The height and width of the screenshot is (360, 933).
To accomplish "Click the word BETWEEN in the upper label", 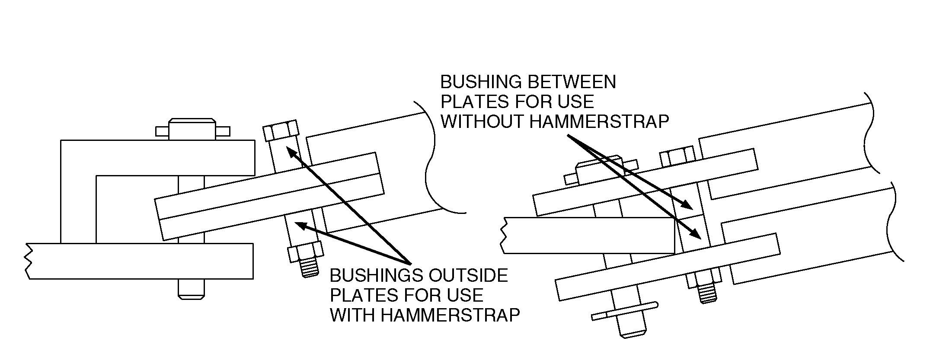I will click(x=566, y=82).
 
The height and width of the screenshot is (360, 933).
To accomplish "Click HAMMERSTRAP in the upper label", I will click(x=599, y=122).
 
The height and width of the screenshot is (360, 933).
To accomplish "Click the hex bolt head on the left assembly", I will click(x=281, y=130).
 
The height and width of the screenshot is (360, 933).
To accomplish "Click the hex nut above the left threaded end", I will click(x=305, y=252).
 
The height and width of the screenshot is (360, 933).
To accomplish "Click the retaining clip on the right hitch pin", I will click(x=625, y=312).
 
